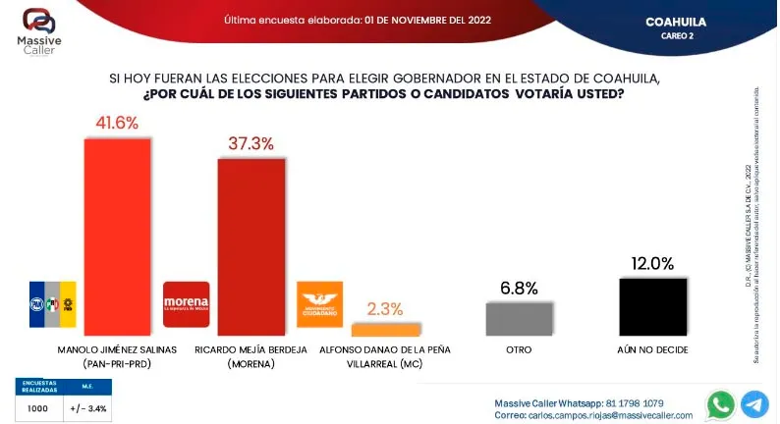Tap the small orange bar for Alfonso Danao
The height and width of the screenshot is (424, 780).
[x=384, y=329]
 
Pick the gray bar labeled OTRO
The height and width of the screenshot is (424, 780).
[x=519, y=319]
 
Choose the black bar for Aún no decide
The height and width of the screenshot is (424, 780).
[x=653, y=307]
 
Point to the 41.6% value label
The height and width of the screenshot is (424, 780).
[x=117, y=124]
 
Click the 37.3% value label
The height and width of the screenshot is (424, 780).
[x=251, y=143]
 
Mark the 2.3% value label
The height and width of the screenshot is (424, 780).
[x=384, y=308]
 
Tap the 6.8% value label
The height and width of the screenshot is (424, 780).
[x=519, y=289]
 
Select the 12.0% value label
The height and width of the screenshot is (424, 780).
[x=653, y=263]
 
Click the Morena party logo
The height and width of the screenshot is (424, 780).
[x=186, y=304]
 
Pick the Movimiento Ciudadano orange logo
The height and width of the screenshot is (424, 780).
[x=318, y=304]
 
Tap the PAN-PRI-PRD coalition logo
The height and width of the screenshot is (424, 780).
[x=52, y=304]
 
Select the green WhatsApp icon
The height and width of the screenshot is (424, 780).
[x=721, y=403]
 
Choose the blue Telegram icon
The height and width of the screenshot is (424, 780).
[x=754, y=403]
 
